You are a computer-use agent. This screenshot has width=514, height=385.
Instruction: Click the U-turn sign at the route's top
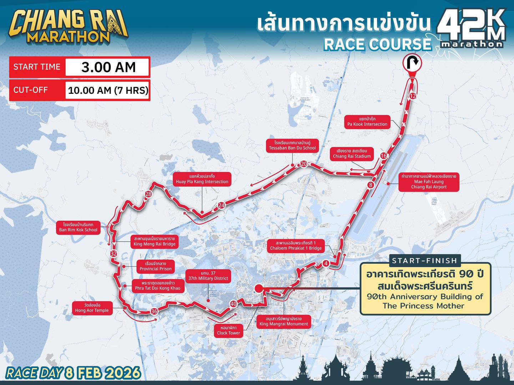412,63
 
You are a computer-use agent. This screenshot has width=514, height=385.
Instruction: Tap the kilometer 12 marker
413,96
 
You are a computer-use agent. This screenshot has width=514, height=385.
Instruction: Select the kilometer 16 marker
383,156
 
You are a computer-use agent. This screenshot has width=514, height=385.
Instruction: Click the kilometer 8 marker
371,185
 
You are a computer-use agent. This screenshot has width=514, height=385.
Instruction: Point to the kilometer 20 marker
304,164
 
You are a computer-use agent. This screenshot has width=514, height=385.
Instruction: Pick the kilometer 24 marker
221,205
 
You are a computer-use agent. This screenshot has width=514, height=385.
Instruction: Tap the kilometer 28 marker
148,194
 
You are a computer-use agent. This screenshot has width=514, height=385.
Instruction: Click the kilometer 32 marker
114,254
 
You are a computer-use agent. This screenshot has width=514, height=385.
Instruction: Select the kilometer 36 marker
154,311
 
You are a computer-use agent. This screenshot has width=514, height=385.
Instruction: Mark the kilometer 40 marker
233,304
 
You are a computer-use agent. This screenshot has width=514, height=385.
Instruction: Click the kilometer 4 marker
326,263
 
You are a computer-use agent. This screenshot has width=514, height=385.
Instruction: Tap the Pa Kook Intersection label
367,122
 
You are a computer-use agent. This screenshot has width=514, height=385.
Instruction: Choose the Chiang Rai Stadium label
352,154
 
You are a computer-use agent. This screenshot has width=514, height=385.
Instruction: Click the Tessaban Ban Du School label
292,145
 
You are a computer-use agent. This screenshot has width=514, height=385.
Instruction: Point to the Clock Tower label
228,330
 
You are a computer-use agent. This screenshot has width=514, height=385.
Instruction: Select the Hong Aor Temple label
92,308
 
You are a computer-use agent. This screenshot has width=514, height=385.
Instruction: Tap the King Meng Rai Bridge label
155,241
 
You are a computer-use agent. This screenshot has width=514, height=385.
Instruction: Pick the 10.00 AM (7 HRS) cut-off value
108,90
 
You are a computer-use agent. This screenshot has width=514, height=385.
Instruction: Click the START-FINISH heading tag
424,261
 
